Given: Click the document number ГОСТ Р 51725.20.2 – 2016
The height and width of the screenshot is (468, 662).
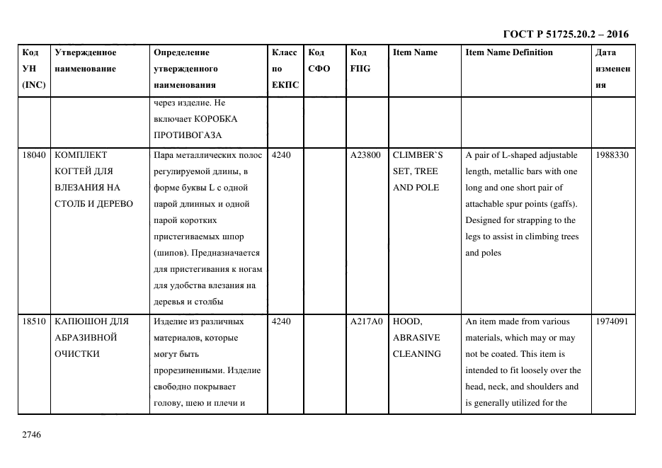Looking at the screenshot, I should point(565,34).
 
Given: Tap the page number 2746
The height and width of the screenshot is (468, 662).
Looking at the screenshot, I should point(33,434).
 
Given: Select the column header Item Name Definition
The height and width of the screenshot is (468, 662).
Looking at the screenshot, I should point(508,52).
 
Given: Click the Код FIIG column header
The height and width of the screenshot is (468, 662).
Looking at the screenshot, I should point(359,61).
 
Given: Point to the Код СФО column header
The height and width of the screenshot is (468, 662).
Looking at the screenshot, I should point(319,61).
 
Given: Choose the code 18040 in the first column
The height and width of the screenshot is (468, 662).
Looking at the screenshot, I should point(34,155).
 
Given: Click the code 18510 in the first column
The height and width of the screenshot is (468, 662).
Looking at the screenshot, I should point(34,321).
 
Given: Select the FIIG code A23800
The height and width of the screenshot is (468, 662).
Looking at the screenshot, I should point(365,155).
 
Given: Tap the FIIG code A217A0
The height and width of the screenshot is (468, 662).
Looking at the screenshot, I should point(366,321).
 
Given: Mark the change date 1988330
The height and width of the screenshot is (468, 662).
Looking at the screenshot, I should point(611,155).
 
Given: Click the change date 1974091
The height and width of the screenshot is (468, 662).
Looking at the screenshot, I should point(611,321).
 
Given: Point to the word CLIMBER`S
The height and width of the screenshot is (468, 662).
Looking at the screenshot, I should point(417,155).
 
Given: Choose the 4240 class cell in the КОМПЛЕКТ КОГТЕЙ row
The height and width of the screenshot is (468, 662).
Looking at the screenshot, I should point(281,155).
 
